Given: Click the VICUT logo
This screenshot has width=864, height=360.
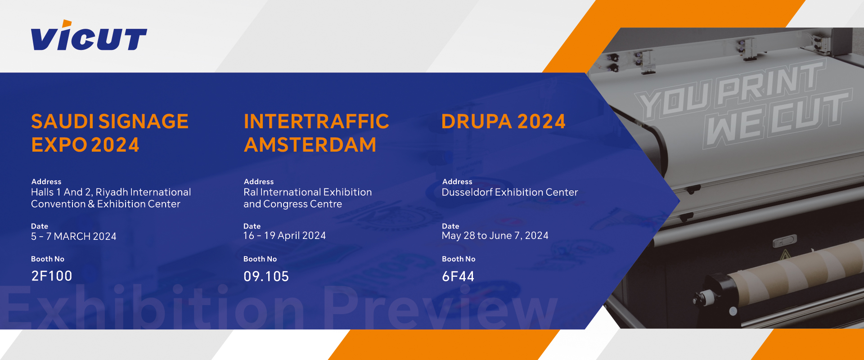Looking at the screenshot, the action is pyautogui.click(x=89, y=36).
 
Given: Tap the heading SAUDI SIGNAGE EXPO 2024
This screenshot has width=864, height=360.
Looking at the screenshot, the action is pyautogui.click(x=110, y=133).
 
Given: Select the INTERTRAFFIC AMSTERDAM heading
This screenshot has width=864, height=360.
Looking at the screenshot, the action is pyautogui.click(x=316, y=133).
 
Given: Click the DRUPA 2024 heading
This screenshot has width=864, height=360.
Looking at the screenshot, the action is pyautogui.click(x=503, y=121).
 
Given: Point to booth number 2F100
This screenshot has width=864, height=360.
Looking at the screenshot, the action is pyautogui.click(x=52, y=276).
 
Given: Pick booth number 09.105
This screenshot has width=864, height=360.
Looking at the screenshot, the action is pyautogui.click(x=266, y=276).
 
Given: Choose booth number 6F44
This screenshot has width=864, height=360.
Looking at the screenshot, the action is pyautogui.click(x=458, y=276).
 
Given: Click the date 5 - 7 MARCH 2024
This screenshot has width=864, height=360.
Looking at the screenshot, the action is pyautogui.click(x=74, y=236).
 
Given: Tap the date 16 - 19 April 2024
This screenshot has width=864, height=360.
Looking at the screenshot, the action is pyautogui.click(x=284, y=235).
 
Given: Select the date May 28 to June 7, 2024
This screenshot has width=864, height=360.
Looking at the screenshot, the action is pyautogui.click(x=495, y=235).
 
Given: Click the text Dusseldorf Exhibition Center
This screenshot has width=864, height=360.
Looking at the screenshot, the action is pyautogui.click(x=510, y=192).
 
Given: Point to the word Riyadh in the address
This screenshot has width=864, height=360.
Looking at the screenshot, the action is pyautogui.click(x=112, y=193).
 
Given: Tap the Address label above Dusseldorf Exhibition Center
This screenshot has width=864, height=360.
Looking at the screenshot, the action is pyautogui.click(x=457, y=182).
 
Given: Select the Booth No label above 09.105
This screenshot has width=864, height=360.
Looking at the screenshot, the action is pyautogui.click(x=260, y=259).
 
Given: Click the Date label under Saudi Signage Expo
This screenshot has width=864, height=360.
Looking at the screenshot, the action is pyautogui.click(x=40, y=226).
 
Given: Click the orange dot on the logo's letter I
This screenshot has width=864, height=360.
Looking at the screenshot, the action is pyautogui.click(x=67, y=23).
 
